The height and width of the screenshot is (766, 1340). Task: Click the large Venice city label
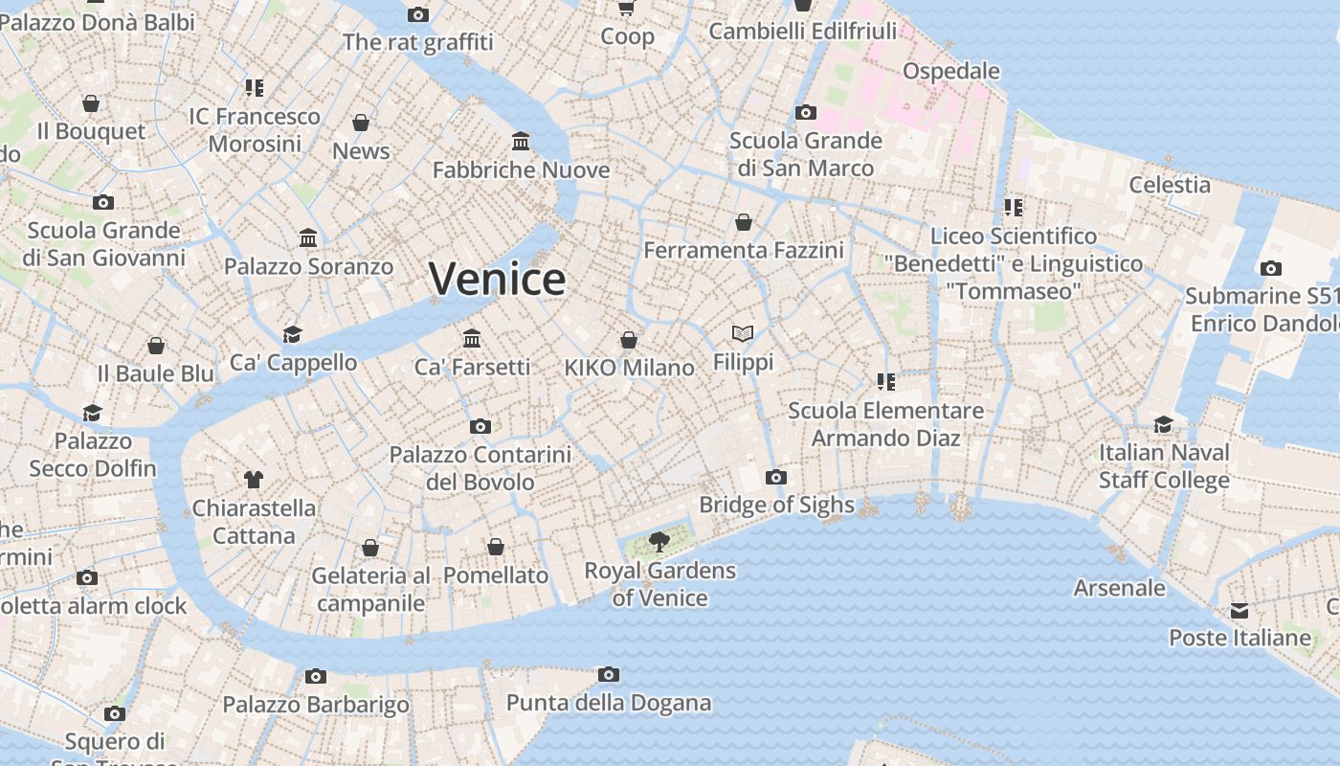pyautogui.click(x=497, y=279)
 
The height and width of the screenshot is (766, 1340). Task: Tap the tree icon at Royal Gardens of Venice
pyautogui.click(x=659, y=542)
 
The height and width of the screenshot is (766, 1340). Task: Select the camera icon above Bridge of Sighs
pyautogui.click(x=776, y=477)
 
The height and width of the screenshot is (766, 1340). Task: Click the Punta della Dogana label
pyautogui.click(x=609, y=703)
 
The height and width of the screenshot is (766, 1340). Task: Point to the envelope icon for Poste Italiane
pyautogui.click(x=1239, y=611)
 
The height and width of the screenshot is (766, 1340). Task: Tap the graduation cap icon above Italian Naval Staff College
pyautogui.click(x=1163, y=424)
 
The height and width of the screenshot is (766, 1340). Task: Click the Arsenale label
pyautogui.click(x=1120, y=588)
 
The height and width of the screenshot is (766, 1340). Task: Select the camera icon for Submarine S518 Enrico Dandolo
pyautogui.click(x=1270, y=268)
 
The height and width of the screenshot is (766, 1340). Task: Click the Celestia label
pyautogui.click(x=1170, y=184)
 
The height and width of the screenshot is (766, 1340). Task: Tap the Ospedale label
pyautogui.click(x=951, y=71)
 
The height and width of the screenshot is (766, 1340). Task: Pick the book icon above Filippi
pyautogui.click(x=743, y=333)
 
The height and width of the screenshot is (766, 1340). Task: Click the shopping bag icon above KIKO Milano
pyautogui.click(x=629, y=340)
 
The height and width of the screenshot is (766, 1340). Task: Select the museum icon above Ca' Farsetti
pyautogui.click(x=472, y=338)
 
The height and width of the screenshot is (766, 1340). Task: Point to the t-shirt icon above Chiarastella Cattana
pyautogui.click(x=254, y=479)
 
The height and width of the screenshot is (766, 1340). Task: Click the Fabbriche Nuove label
pyautogui.click(x=521, y=169)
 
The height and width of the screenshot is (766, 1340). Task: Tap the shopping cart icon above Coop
pyautogui.click(x=627, y=8)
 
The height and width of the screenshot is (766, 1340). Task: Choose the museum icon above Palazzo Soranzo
pyautogui.click(x=308, y=237)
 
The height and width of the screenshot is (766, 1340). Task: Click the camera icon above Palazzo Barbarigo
pyautogui.click(x=316, y=676)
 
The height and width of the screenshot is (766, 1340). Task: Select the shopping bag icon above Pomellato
pyautogui.click(x=496, y=547)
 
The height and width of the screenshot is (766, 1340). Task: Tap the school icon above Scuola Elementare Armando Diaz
pyautogui.click(x=885, y=382)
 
